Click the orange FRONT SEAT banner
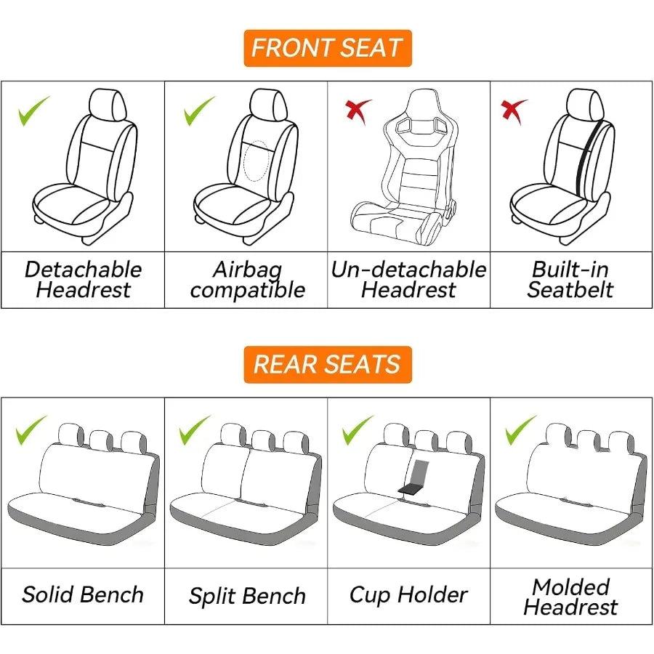coord(327,48)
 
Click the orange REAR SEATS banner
coord(327,364)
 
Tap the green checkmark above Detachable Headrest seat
coord(33,110)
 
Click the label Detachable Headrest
coord(83,280)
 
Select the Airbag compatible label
coord(247,280)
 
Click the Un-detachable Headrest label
coord(408,280)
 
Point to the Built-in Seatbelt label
coord(570,280)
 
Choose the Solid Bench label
coord(83,595)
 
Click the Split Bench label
coord(247,597)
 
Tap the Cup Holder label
coord(408,595)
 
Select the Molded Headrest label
coord(570,597)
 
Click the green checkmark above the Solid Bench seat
coord(31,429)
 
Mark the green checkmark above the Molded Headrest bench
coord(520,429)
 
